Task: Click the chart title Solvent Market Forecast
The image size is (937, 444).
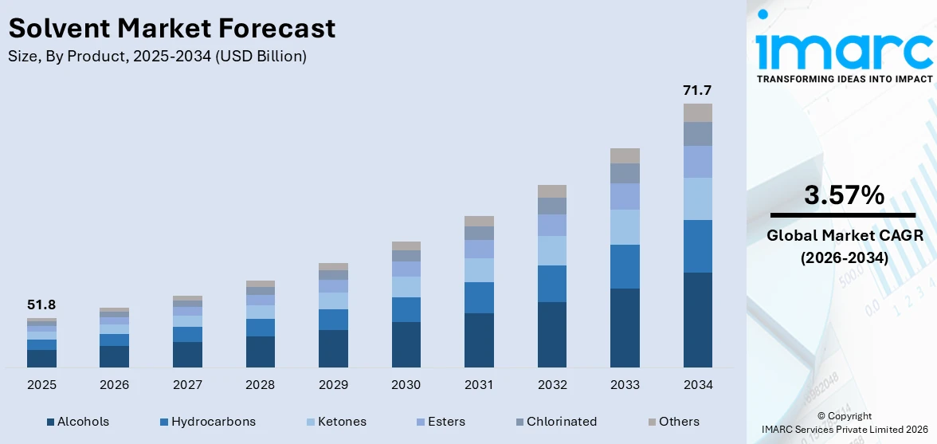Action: (x=172, y=29)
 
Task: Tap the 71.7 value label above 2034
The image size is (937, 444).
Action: (x=697, y=90)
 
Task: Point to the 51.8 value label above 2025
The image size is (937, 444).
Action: (x=41, y=305)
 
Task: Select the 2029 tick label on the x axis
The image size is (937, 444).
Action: (x=333, y=385)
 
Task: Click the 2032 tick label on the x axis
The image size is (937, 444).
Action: (x=551, y=385)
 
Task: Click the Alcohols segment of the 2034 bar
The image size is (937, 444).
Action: (x=697, y=320)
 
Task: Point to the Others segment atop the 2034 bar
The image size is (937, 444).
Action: (x=697, y=112)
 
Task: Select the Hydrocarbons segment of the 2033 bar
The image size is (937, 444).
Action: (x=625, y=266)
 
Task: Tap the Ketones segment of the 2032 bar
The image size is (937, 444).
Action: (x=551, y=250)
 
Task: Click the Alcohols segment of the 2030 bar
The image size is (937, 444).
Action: (x=406, y=344)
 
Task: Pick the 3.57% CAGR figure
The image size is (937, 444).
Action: (x=843, y=195)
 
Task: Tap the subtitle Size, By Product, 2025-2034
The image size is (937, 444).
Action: (x=157, y=57)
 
